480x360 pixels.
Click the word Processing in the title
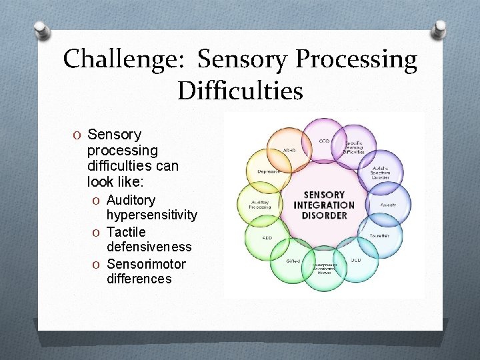pos(357,60)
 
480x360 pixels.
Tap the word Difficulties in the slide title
pos(240,91)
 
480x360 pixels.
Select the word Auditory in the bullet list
pos(131,200)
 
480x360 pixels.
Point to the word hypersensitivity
pos(152,215)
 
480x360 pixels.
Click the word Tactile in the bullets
pos(126,232)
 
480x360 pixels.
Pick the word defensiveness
pos(149,247)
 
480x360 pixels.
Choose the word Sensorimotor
pos(146,264)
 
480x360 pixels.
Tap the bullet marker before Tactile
pos(98,233)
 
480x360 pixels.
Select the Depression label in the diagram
pos(270,171)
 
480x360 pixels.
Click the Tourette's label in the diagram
pos(380,236)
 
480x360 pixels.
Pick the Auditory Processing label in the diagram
pos(261,204)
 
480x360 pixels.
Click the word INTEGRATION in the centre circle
pos(324,205)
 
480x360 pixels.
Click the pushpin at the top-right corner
pos(439,29)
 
